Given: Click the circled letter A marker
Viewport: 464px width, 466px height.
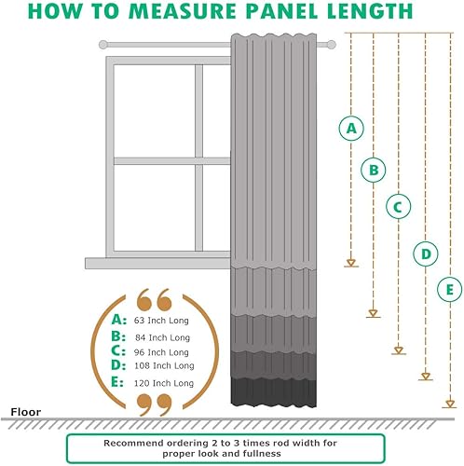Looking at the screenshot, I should pyautogui.click(x=351, y=130).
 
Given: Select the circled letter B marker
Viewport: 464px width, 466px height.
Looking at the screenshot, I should pyautogui.click(x=374, y=170).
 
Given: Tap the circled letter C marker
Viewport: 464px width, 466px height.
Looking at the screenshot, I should pyautogui.click(x=398, y=207).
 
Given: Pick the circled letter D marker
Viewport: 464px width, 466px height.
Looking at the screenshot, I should pyautogui.click(x=425, y=253).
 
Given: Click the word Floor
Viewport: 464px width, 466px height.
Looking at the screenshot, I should pyautogui.click(x=24, y=410).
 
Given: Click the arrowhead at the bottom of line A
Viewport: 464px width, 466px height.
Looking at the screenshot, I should pyautogui.click(x=351, y=263).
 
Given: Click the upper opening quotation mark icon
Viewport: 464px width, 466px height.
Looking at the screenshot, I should pyautogui.click(x=154, y=299).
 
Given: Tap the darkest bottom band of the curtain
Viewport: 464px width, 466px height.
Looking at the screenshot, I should pyautogui.click(x=274, y=392).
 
